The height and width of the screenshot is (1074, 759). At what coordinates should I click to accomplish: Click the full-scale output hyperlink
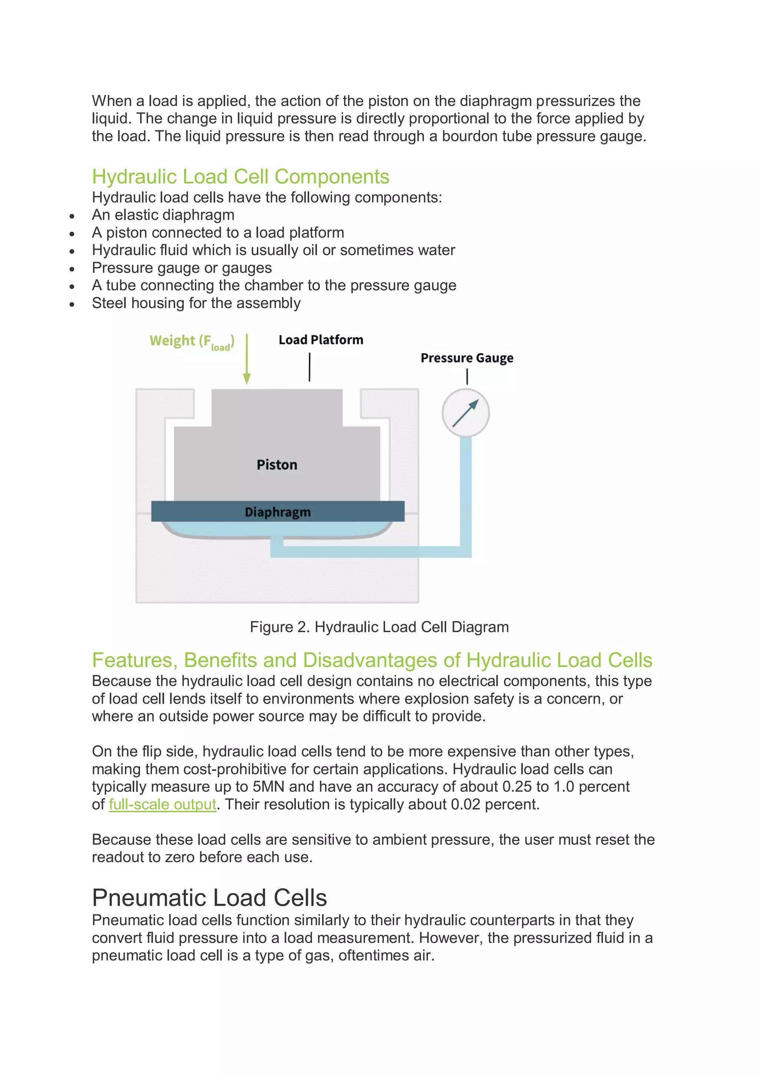(x=162, y=804)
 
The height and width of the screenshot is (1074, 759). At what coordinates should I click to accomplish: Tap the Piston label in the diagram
(x=277, y=465)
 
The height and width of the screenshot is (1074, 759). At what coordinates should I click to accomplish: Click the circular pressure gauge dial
(x=465, y=413)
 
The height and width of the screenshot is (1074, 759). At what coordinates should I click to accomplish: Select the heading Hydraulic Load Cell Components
(x=241, y=177)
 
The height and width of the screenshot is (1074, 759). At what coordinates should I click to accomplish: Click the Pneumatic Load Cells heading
(x=209, y=898)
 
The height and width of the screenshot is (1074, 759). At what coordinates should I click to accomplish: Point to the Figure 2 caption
(x=379, y=627)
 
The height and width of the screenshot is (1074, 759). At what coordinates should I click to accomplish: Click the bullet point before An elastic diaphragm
(x=72, y=216)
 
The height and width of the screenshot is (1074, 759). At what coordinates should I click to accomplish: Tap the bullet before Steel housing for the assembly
(x=72, y=304)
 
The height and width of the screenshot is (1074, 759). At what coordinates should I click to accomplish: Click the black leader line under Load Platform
(x=309, y=367)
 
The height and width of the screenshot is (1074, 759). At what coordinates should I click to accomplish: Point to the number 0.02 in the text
(x=465, y=804)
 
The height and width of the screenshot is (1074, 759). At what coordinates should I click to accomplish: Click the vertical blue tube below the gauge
(x=465, y=491)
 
